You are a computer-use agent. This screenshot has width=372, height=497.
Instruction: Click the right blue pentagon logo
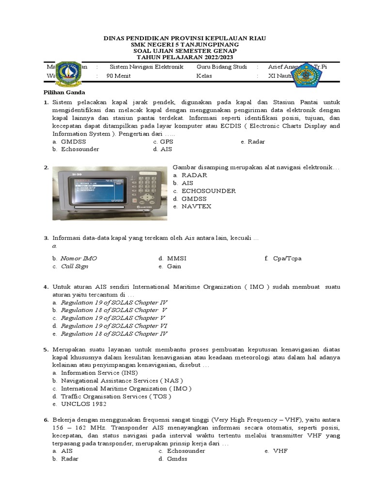pyautogui.click(x=306, y=74)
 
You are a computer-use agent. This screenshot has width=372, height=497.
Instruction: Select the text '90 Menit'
pyautogui.click(x=118, y=76)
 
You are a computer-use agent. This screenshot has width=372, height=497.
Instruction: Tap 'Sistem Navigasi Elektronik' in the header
pyautogui.click(x=146, y=66)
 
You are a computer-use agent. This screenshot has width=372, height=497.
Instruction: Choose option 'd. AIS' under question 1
pyautogui.click(x=163, y=149)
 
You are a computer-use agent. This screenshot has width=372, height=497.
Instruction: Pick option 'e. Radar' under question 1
pyautogui.click(x=252, y=142)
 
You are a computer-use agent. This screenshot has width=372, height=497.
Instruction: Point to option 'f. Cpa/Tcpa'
pyautogui.click(x=283, y=258)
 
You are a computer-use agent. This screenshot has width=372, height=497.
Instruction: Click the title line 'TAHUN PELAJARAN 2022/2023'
pyautogui.click(x=186, y=57)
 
